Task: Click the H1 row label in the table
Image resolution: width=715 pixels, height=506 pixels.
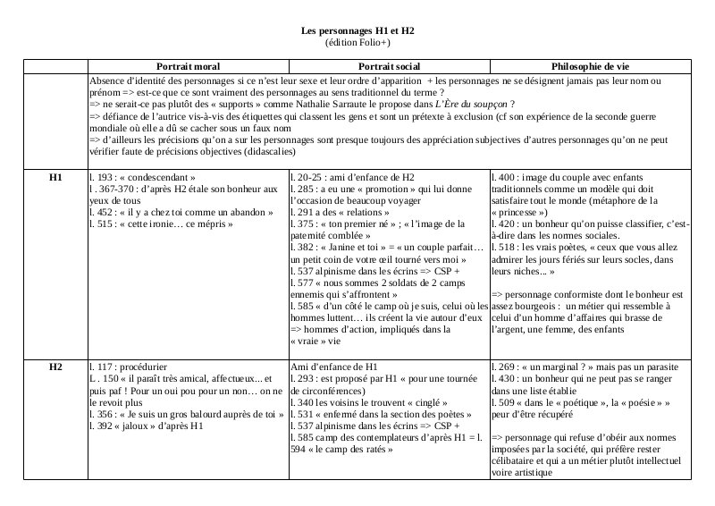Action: point(55,178)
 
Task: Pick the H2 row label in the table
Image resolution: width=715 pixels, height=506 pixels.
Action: point(55,367)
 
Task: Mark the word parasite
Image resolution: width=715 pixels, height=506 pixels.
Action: point(671,367)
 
